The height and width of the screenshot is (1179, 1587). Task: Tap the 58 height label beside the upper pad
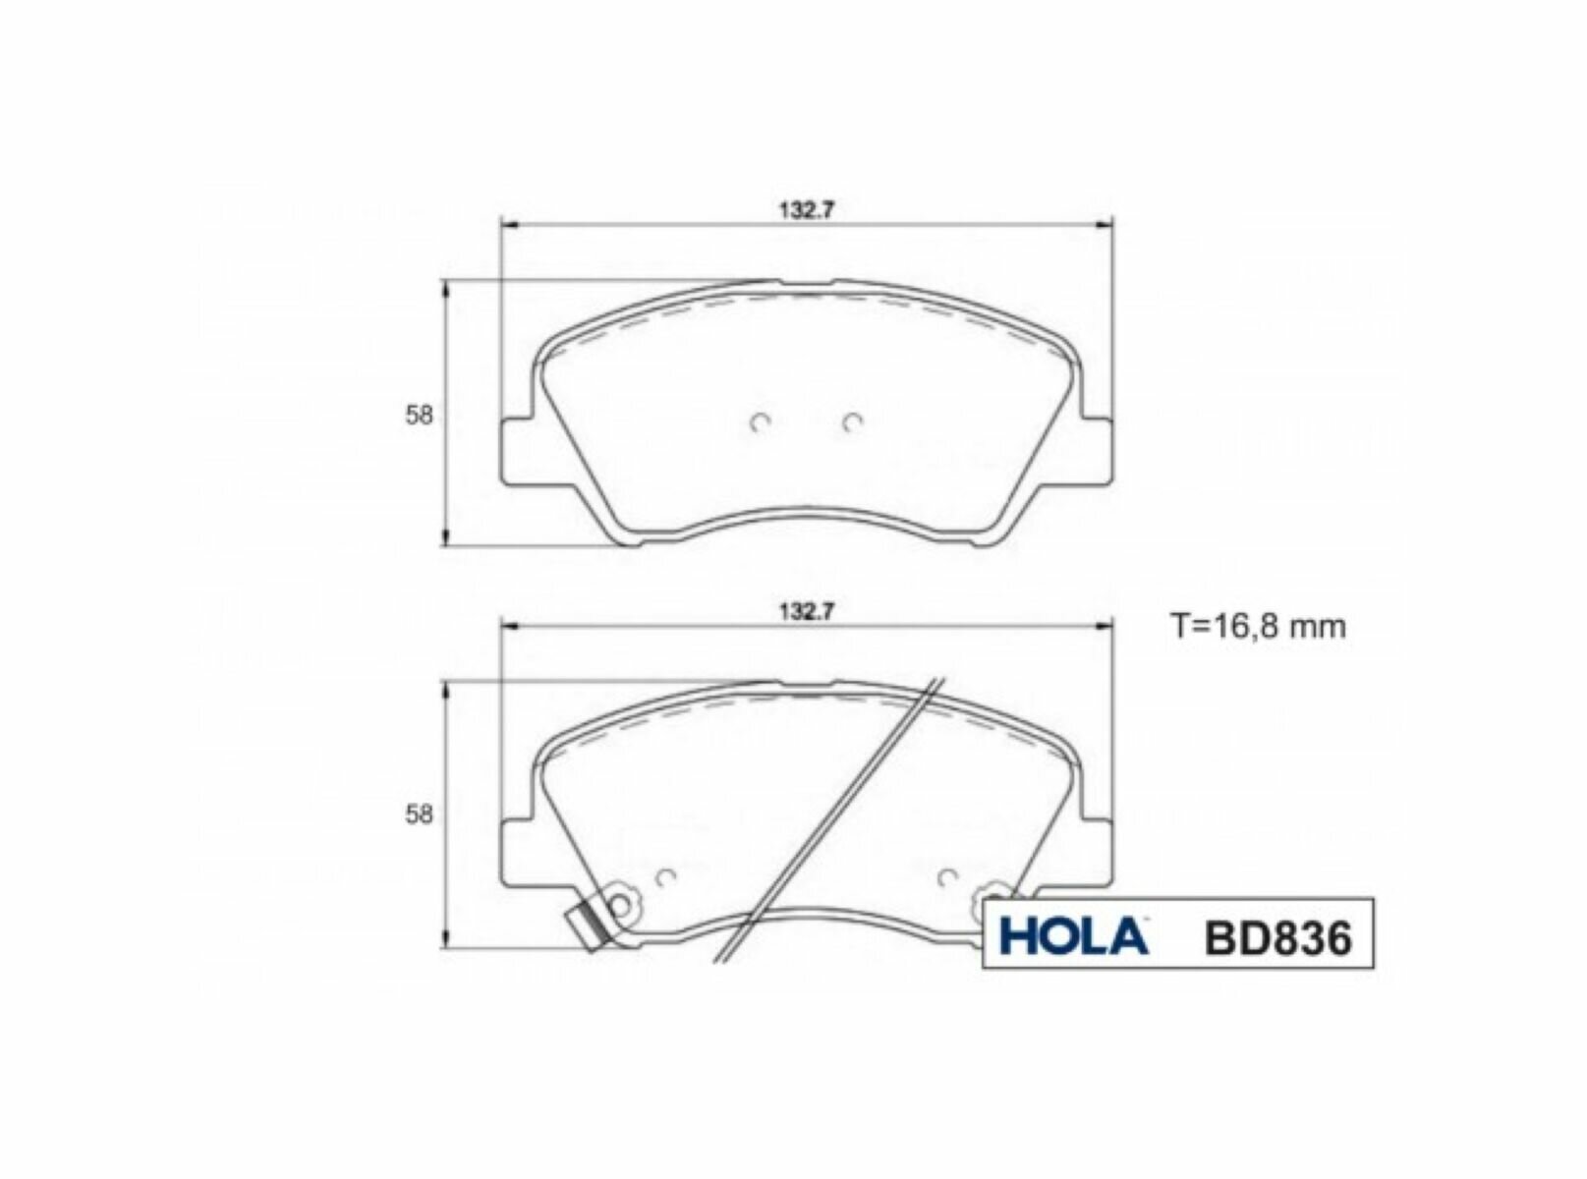pyautogui.click(x=419, y=415)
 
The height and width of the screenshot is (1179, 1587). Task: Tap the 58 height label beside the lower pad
pyautogui.click(x=419, y=814)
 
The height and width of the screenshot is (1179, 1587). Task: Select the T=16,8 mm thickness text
pyautogui.click(x=1258, y=626)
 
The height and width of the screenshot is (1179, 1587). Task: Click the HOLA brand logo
pyautogui.click(x=1072, y=935)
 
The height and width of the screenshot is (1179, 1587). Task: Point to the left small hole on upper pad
pyautogui.click(x=759, y=422)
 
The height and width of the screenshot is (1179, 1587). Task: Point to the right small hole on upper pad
pyautogui.click(x=852, y=422)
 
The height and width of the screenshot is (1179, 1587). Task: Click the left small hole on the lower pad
pyautogui.click(x=664, y=876)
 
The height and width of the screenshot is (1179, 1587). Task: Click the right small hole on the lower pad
pyautogui.click(x=947, y=876)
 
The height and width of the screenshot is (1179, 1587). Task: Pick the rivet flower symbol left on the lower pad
pyautogui.click(x=620, y=902)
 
